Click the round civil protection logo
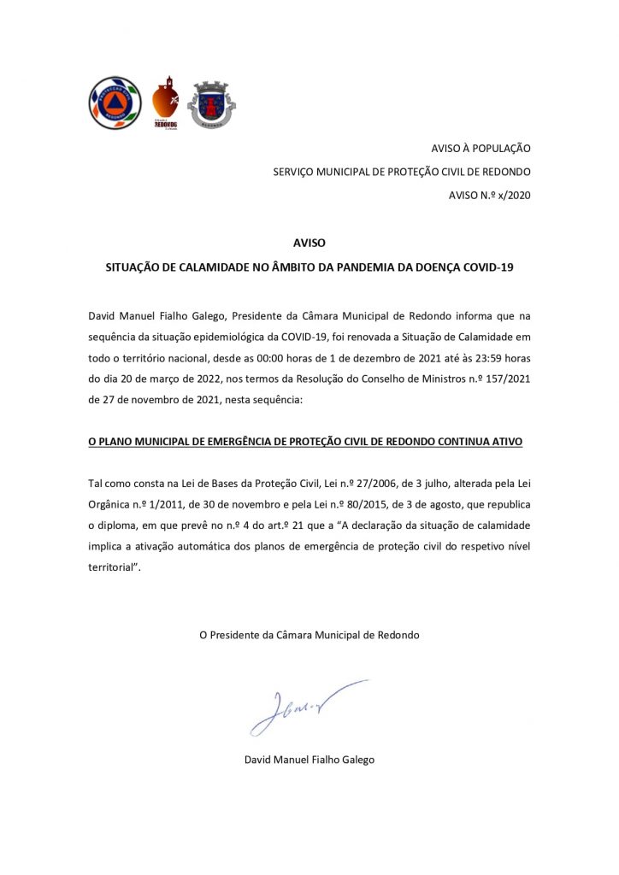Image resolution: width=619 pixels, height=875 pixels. [115, 103]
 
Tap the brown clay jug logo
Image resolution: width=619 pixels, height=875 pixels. [165, 103]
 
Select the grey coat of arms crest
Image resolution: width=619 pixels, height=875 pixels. [211, 104]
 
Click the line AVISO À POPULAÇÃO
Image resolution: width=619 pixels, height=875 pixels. [480, 148]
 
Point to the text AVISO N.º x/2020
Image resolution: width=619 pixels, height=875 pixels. [490, 196]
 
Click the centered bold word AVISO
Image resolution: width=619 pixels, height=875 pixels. [309, 244]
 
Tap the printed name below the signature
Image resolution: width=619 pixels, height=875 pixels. [309, 760]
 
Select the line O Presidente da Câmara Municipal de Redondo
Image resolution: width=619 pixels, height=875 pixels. [309, 635]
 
